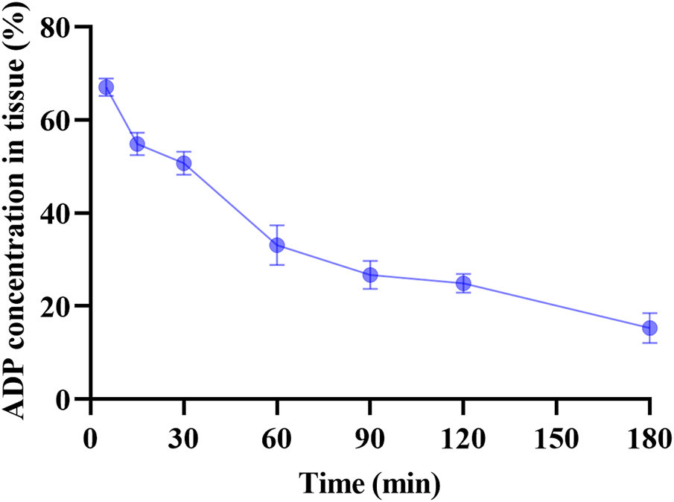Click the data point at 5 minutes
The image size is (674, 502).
coord(106,87)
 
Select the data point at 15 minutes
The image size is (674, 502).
coord(137,144)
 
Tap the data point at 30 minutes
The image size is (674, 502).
coord(183,163)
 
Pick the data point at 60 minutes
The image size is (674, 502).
coord(277,245)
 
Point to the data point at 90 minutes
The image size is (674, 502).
coord(370,275)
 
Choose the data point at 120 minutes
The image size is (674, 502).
coord(463,283)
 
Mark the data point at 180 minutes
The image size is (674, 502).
coord(649,328)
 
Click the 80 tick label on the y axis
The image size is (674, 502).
coord(63,28)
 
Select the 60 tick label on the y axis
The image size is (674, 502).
coord(63,121)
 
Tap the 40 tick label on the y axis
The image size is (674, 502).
coord(63,214)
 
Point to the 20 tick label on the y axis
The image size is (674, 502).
coord(63,306)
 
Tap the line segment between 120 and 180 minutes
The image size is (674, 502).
coord(556,305)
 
